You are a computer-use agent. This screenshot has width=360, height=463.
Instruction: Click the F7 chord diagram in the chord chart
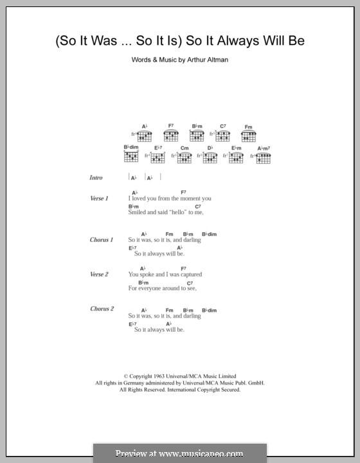(x=171, y=135)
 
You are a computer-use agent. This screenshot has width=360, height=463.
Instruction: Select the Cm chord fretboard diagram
(x=185, y=157)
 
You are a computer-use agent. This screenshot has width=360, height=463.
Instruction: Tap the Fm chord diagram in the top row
(x=248, y=135)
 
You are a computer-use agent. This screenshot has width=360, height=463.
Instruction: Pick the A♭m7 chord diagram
(x=264, y=157)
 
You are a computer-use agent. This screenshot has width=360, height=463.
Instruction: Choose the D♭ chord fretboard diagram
(x=210, y=157)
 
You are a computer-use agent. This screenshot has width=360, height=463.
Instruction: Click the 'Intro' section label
(x=96, y=177)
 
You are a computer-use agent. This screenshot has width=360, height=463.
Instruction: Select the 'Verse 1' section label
(x=98, y=199)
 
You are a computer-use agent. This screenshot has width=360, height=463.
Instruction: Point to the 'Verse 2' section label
(x=99, y=275)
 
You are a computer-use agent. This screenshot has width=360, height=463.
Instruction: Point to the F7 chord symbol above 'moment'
(x=183, y=192)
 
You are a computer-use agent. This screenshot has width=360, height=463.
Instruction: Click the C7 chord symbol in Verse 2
(x=190, y=283)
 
